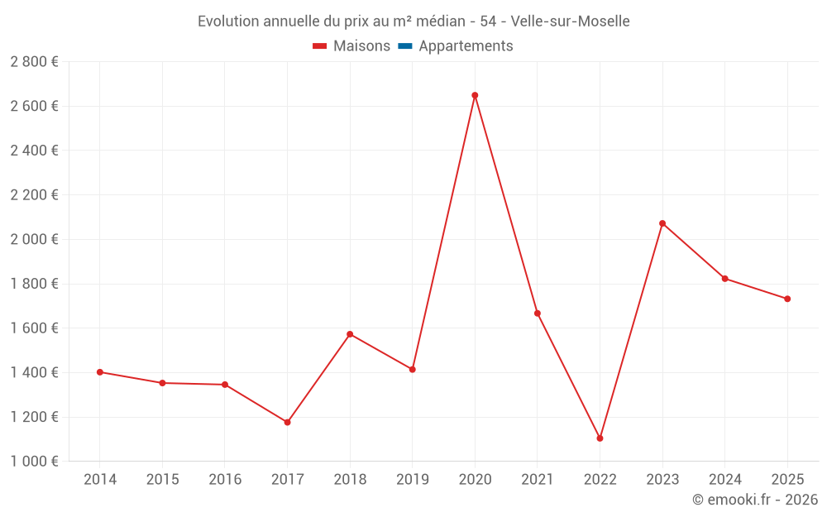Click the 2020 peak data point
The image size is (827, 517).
pyautogui.click(x=475, y=95)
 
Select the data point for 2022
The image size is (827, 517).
pyautogui.click(x=600, y=438)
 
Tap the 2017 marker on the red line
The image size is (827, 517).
pyautogui.click(x=287, y=423)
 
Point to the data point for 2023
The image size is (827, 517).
pyautogui.click(x=662, y=223)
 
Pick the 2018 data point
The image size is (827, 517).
pyautogui.click(x=350, y=334)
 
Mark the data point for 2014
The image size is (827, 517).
pyautogui.click(x=100, y=372)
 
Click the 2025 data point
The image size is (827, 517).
pyautogui.click(x=787, y=299)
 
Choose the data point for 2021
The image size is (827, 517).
pyautogui.click(x=538, y=314)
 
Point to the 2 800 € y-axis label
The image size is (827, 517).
pyautogui.click(x=35, y=62)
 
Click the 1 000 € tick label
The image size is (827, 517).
pyautogui.click(x=35, y=462)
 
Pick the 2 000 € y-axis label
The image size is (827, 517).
pyautogui.click(x=35, y=240)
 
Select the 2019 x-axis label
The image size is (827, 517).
pyautogui.click(x=413, y=480)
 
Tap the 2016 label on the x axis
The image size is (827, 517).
pyautogui.click(x=225, y=480)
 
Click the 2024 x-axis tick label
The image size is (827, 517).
pyautogui.click(x=724, y=480)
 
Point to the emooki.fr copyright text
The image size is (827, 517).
pyautogui.click(x=755, y=500)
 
